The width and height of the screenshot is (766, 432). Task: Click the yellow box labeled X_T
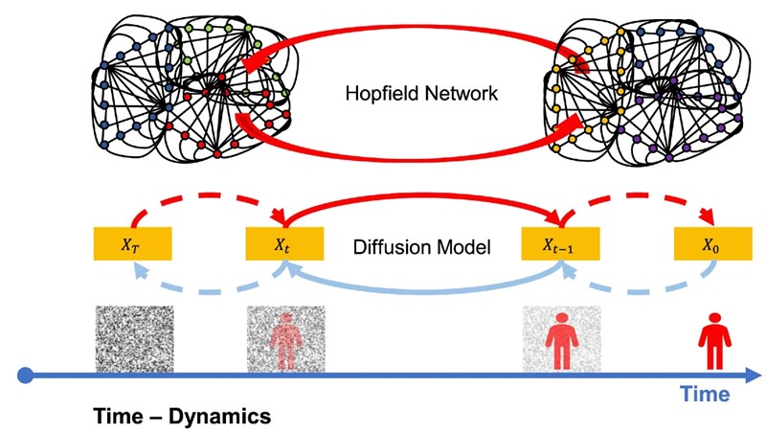coord(132,244)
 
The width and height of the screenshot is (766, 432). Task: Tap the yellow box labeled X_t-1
coord(559,244)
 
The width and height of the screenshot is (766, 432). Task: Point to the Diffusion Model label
coord(422,246)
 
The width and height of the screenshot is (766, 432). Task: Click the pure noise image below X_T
coord(135,338)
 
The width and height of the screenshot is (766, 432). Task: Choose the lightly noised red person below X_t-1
coord(561,338)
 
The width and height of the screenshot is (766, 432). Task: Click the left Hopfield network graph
coord(191,86)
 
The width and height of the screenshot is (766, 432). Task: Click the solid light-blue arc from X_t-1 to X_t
coord(421,290)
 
